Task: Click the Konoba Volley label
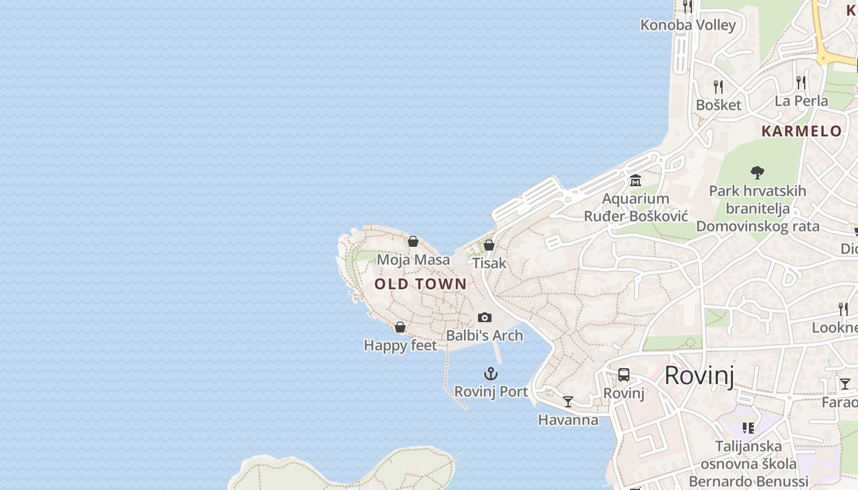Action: tap(688, 25)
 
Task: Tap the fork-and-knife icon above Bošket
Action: tap(718, 86)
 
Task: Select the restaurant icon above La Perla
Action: tap(801, 82)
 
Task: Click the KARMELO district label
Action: tap(802, 131)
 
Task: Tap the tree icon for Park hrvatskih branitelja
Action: tap(757, 173)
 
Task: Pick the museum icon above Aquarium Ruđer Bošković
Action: tap(635, 181)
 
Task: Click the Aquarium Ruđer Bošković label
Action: tap(636, 208)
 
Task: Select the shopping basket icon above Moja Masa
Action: tap(413, 241)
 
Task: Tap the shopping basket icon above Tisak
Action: tap(489, 245)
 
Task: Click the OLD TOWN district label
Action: tap(420, 284)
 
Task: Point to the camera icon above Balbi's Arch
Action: tap(485, 317)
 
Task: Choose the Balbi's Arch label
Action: tap(484, 336)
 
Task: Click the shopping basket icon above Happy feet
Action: tap(400, 327)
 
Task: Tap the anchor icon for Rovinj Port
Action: tap(490, 373)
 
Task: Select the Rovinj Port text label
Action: tap(490, 391)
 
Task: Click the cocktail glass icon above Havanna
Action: tap(568, 402)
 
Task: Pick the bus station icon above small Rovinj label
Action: tap(624, 375)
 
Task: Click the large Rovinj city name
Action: tap(699, 375)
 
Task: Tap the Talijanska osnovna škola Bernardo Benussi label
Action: tap(748, 464)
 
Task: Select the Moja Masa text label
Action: tap(413, 260)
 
